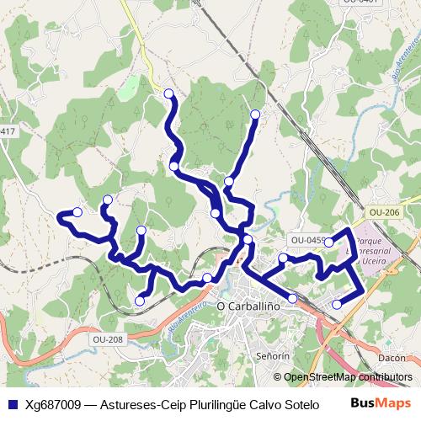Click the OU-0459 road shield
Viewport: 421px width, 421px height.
(x=308, y=240)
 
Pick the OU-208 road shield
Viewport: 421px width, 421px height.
(x=108, y=339)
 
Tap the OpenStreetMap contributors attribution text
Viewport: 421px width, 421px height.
(x=348, y=377)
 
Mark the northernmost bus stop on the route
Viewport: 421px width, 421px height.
(x=168, y=93)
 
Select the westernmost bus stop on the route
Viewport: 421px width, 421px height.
(x=77, y=212)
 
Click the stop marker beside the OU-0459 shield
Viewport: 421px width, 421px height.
(x=329, y=242)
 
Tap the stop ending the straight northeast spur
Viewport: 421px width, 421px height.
(x=255, y=114)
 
